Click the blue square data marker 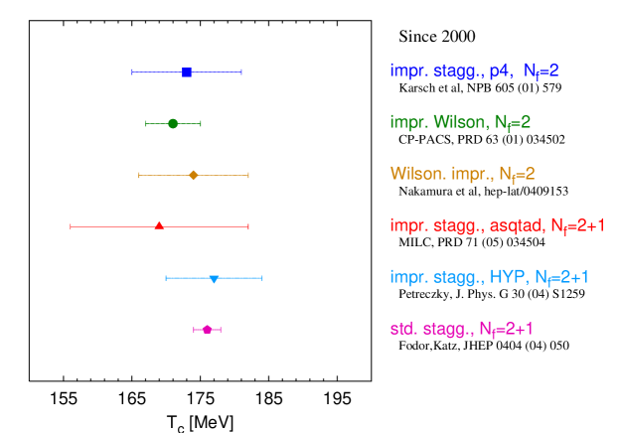click(x=187, y=72)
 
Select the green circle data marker click(x=173, y=123)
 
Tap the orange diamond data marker click(x=194, y=175)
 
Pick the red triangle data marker click(x=159, y=225)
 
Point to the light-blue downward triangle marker click(x=214, y=279)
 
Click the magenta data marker click(x=207, y=329)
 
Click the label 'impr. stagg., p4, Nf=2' click(x=474, y=72)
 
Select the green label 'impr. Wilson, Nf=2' click(x=460, y=123)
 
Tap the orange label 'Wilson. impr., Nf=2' click(x=462, y=175)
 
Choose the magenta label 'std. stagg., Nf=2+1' click(x=461, y=329)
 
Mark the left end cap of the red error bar click(x=71, y=226)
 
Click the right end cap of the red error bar click(x=248, y=226)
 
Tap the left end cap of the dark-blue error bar click(x=132, y=72)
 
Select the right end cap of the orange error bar click(x=247, y=175)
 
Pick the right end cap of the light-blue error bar click(x=261, y=278)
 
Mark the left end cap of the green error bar click(x=146, y=123)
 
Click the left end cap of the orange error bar click(x=139, y=175)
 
